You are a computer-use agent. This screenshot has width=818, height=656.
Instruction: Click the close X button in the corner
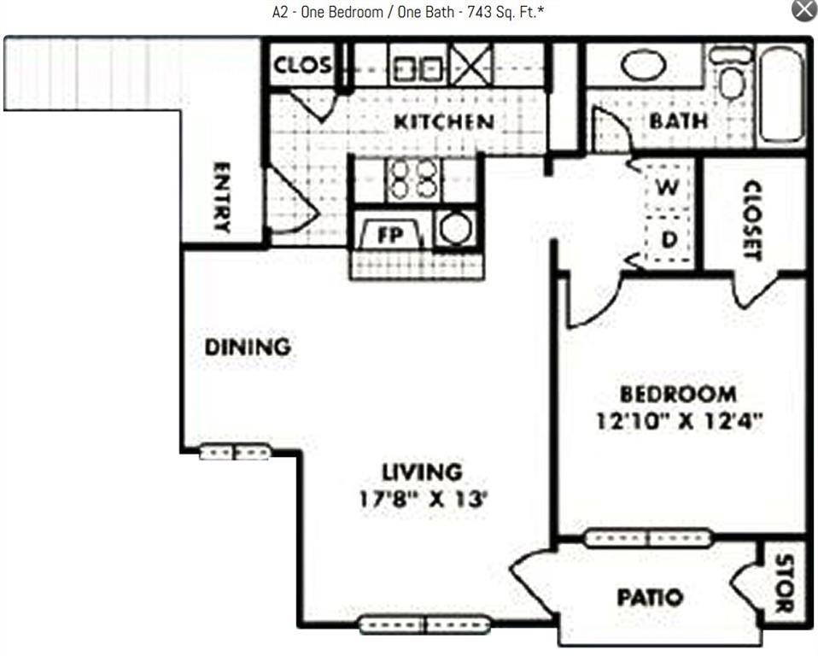pos(804,10)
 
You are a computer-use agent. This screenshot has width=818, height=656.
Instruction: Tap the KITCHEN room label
pos(443,122)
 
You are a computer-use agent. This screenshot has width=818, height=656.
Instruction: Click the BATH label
pos(678,121)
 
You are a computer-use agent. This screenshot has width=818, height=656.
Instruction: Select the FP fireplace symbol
pos(389,235)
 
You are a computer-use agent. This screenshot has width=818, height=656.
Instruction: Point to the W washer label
pos(668,187)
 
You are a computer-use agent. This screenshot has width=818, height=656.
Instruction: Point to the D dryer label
pos(669,240)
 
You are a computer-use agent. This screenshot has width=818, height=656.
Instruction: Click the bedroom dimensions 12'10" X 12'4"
pos(679,421)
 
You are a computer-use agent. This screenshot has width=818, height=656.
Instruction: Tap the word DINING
pos(248,348)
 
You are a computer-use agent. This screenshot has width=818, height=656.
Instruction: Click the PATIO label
pos(650,597)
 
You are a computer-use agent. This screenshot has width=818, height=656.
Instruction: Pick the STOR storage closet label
pos(784,584)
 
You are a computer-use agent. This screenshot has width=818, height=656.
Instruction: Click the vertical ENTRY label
pos(221,197)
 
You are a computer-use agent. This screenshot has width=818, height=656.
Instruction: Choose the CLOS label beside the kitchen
pos(302,65)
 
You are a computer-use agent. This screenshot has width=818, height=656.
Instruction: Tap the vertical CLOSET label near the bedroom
pos(752,220)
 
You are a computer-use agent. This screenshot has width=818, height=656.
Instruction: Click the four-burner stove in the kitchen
pos(412,179)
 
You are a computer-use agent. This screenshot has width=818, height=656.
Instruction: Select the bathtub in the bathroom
pos(781,94)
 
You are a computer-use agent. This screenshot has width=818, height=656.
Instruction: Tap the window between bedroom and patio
pos(647,538)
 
